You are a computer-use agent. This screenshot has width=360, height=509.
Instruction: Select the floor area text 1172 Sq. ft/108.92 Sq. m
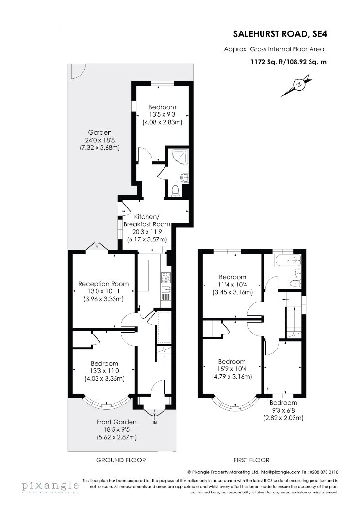(288, 62)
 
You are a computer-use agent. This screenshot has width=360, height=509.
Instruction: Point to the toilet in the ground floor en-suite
(175, 190)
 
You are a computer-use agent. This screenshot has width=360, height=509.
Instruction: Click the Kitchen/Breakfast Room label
(147, 220)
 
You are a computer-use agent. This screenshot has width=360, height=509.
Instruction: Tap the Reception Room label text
(103, 284)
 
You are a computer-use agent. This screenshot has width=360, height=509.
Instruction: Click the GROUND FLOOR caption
(121, 460)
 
